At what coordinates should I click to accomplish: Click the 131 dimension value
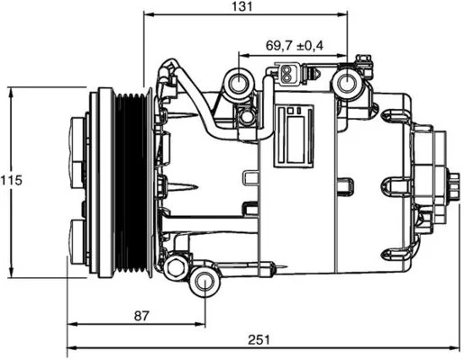(x=242, y=6)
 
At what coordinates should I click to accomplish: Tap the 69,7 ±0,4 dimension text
(x=295, y=46)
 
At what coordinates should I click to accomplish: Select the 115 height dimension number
(x=12, y=180)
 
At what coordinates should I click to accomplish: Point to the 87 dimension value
(x=141, y=316)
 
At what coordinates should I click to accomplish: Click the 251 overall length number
(x=259, y=340)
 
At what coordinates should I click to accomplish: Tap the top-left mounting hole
(x=239, y=83)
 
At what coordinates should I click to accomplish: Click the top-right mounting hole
(x=348, y=84)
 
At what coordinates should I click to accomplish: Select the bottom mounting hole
(x=205, y=281)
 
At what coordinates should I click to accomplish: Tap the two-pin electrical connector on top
(x=287, y=74)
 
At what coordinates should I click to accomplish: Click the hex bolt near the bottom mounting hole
(x=175, y=267)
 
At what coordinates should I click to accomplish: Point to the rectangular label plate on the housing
(x=294, y=136)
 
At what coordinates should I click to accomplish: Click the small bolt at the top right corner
(x=363, y=58)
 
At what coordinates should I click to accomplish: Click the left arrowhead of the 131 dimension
(x=150, y=14)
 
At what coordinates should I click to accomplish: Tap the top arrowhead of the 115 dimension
(x=12, y=93)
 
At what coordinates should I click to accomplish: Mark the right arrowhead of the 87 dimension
(x=200, y=324)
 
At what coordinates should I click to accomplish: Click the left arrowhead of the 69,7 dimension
(x=244, y=55)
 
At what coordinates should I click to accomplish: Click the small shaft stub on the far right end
(x=453, y=186)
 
